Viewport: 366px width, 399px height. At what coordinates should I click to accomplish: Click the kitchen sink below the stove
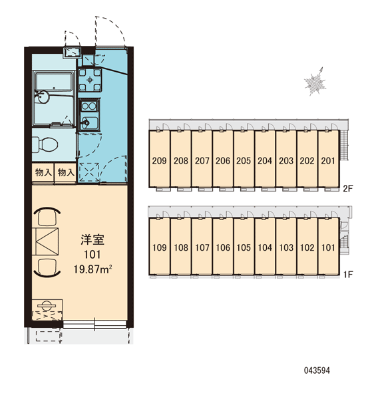coord(89,122)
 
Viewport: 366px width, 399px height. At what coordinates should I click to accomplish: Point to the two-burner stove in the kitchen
coord(89,106)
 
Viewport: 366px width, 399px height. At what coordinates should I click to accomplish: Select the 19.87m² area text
coord(93,269)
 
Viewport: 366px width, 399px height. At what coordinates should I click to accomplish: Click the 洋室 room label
coord(92,240)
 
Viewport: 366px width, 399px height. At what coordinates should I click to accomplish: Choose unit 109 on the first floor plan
coord(159,247)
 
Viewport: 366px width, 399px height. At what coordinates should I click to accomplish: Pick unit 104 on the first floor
coord(265,247)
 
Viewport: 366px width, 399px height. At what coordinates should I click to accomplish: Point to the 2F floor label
coord(348,189)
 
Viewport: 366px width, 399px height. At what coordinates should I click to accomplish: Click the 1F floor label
coord(348,274)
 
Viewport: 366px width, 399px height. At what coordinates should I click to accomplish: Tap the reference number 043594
coord(317,370)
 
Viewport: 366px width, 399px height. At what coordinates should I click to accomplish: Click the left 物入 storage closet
coord(43,173)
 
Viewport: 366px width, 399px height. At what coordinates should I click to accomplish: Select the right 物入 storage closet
coord(65,173)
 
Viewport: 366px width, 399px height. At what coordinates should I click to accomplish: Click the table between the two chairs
coord(46,241)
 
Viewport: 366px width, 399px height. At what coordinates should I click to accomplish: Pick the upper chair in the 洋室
coord(47,216)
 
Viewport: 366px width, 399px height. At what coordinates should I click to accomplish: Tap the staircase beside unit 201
coord(344,145)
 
